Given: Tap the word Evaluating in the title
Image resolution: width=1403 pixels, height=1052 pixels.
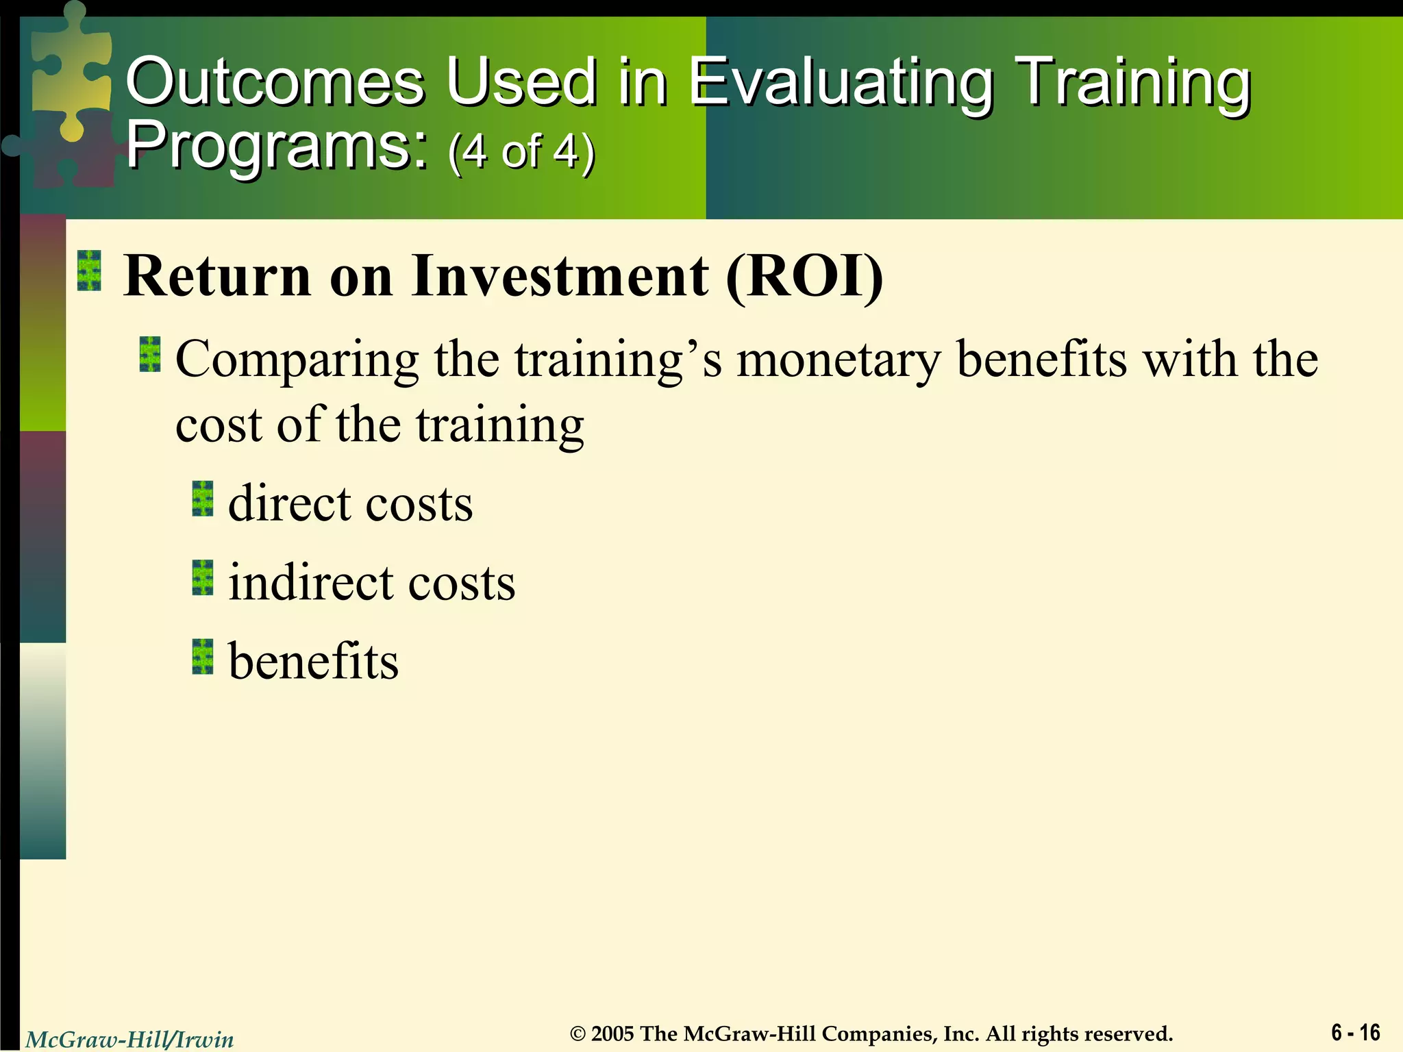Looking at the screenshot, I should [x=841, y=84].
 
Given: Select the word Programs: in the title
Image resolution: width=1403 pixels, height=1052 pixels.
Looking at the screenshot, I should [x=277, y=145].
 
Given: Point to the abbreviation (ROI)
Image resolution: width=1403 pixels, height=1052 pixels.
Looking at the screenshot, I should [x=805, y=276].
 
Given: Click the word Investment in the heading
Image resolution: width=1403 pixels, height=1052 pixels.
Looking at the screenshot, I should [x=560, y=276].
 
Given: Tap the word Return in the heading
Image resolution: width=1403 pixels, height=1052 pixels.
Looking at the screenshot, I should [x=218, y=276].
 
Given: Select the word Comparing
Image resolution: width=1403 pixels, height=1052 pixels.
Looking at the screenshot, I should [x=297, y=360].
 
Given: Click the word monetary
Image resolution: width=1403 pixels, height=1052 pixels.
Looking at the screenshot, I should [x=839, y=360].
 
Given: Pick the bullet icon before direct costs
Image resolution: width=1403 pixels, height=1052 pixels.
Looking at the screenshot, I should [x=203, y=499].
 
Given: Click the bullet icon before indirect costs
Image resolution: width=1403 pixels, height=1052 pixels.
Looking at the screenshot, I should [x=203, y=577].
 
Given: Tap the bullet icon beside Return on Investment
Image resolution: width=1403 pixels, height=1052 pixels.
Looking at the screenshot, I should [x=90, y=271].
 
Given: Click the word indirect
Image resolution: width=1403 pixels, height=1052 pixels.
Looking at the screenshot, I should [x=311, y=583].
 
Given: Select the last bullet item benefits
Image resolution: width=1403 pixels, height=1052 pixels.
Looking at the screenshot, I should [x=313, y=662].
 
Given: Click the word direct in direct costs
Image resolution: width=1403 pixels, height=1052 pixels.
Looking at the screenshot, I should [x=290, y=504].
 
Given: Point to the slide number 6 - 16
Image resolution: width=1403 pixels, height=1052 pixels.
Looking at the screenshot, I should [x=1355, y=1031].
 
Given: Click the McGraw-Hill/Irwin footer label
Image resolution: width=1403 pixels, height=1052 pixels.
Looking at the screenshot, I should [x=129, y=1040].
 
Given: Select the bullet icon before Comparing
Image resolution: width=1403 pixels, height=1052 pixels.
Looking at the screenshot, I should [x=150, y=354].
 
